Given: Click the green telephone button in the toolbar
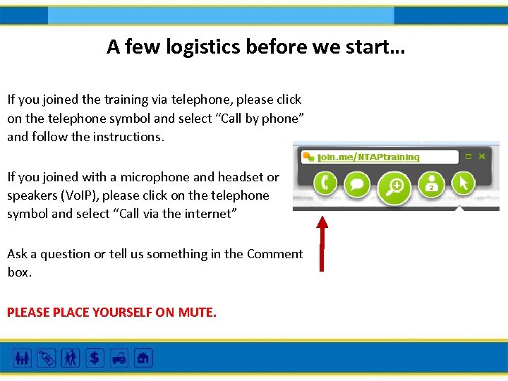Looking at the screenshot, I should point(325,184).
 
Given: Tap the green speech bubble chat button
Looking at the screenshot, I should point(358,184).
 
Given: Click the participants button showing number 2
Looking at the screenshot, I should point(430,185).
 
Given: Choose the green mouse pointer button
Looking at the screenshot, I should point(464,184).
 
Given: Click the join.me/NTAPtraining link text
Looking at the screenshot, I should point(368,157).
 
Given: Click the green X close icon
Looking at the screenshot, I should point(482,157).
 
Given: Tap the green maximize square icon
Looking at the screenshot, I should point(467,157).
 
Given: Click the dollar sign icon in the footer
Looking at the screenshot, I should point(94,358).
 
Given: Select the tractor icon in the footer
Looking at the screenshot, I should point(118,358).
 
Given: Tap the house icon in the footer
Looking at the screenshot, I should point(143,358).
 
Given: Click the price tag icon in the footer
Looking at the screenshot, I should point(47,358).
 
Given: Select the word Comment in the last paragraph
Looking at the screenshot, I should point(274,254).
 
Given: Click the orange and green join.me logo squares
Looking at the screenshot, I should point(308,157).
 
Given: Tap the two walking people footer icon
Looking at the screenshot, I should point(71,358).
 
